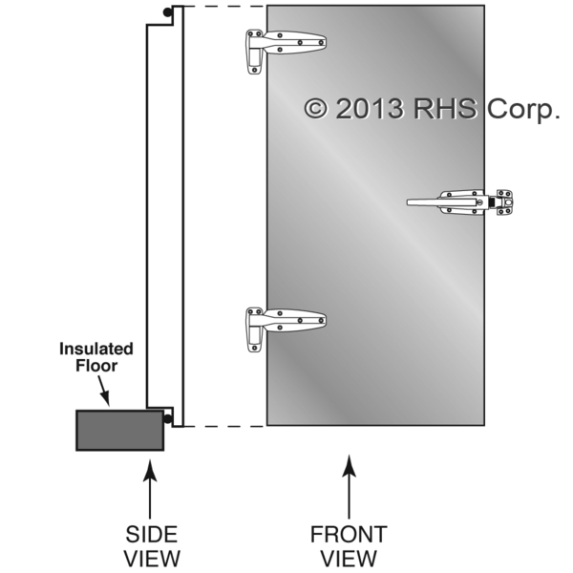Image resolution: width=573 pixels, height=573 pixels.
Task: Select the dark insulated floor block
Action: (119, 429)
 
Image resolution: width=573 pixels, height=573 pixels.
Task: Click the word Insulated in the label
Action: (96, 349)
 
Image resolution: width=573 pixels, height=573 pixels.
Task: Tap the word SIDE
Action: (151, 534)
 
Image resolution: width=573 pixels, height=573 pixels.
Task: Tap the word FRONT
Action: (349, 534)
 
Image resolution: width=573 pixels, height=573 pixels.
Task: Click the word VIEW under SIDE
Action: (151, 557)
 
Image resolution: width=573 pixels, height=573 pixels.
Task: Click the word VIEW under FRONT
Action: (349, 557)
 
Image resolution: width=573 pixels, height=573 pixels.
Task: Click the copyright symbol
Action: (315, 108)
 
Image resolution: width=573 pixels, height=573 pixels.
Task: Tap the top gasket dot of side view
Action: (167, 13)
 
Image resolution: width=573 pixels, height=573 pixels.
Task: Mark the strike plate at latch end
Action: (503, 202)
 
